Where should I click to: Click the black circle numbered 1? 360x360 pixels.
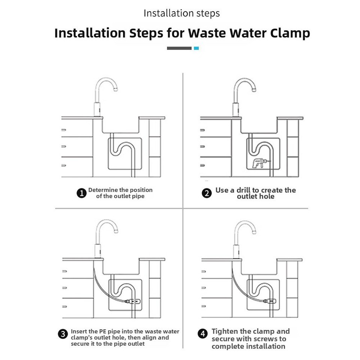(81, 193)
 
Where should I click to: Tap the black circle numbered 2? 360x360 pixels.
(207, 193)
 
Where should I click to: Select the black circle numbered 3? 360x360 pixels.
(63, 334)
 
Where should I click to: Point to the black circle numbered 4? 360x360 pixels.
(203, 333)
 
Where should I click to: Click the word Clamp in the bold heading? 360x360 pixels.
(290, 33)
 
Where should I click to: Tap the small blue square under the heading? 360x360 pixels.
(196, 48)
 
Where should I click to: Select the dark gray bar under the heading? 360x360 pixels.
(179, 48)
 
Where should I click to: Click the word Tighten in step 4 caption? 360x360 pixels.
(225, 331)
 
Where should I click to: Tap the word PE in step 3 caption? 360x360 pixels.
(103, 331)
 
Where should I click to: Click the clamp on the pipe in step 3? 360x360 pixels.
(133, 301)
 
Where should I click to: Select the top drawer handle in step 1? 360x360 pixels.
(64, 130)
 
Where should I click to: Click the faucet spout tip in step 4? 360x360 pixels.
(254, 232)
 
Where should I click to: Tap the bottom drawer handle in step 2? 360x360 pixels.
(202, 165)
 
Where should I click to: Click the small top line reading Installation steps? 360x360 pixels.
(182, 13)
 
